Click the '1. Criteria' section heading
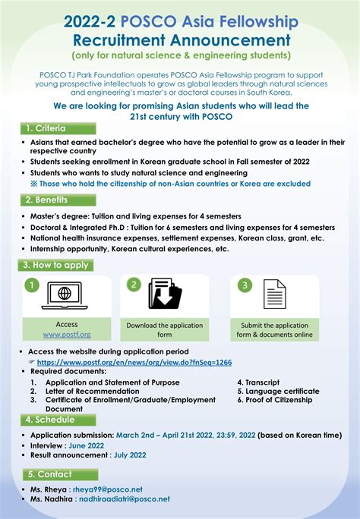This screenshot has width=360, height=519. coord(46,129)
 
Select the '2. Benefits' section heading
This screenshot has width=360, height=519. coord(47,200)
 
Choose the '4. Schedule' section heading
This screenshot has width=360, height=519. coord(50,419)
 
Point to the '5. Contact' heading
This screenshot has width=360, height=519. coord(47,474)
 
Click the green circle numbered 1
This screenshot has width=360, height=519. coord(30,286)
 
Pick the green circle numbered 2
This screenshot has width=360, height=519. coord(133,285)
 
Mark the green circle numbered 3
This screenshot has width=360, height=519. coord(245,285)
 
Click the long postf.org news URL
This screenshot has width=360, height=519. coord(140,363)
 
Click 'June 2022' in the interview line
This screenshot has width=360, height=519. coord(86,445)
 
